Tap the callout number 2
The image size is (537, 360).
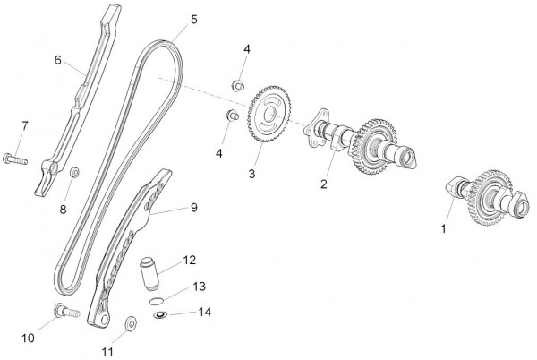click(x=325, y=185)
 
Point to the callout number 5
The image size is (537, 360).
click(x=194, y=18)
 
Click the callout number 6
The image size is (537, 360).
click(x=57, y=60)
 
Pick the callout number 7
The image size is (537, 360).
click(x=24, y=124)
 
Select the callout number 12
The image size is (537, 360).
click(x=189, y=261)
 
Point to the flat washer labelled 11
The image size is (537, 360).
click(x=129, y=321)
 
